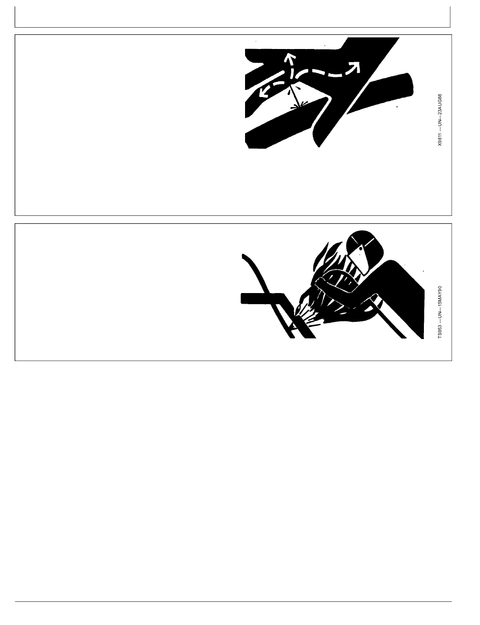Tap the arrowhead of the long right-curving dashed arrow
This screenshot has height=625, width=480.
[x=355, y=66]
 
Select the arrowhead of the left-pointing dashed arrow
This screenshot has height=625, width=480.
[x=263, y=92]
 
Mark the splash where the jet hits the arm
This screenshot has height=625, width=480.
[x=298, y=107]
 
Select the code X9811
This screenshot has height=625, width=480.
[x=440, y=139]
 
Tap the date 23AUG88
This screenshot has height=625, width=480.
[x=440, y=105]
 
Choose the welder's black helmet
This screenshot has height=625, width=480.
[x=365, y=244]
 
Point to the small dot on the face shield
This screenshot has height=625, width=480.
[x=361, y=248]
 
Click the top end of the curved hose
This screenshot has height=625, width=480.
[x=244, y=256]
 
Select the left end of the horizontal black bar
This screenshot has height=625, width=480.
[x=242, y=298]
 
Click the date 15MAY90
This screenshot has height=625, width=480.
[x=440, y=297]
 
